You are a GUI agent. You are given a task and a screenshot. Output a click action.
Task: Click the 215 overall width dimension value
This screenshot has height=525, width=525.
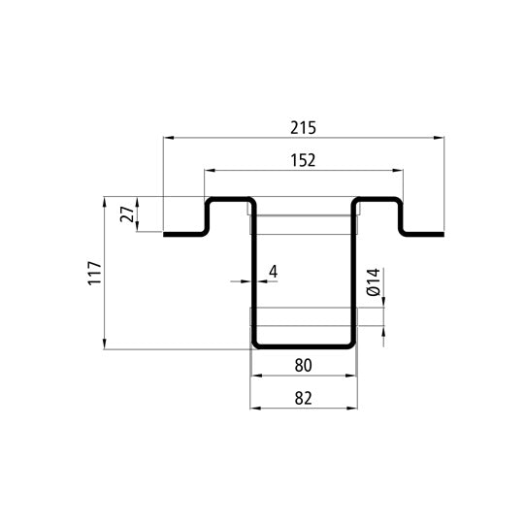(x=303, y=127)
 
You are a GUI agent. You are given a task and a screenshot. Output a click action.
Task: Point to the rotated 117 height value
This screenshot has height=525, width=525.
(x=94, y=274)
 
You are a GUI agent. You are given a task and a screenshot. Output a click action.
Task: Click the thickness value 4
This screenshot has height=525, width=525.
(x=273, y=271)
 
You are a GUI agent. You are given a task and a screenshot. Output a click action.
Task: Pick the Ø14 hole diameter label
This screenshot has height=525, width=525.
(x=372, y=283)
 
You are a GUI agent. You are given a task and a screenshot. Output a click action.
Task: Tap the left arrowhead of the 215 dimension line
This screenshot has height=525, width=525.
(x=167, y=139)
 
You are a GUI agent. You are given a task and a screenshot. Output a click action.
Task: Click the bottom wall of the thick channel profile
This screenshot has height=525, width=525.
(x=303, y=345)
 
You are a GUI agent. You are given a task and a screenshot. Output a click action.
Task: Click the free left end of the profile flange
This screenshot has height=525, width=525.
(x=167, y=234)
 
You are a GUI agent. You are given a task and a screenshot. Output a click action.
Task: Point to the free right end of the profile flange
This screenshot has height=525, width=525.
(x=442, y=234)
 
